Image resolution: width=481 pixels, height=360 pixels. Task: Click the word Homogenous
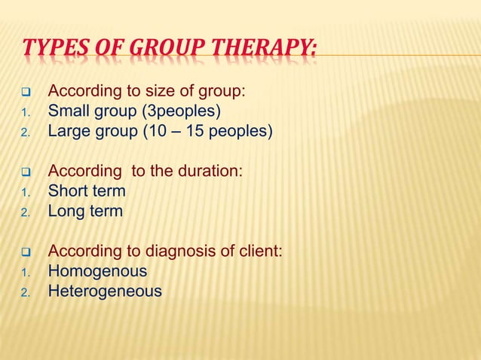(x=97, y=271)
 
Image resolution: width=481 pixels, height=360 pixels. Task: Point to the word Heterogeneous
(x=105, y=291)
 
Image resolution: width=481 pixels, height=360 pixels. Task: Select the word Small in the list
(x=67, y=113)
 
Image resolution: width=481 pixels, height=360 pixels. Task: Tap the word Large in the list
(x=68, y=133)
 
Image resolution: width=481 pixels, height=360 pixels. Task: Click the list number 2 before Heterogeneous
(x=23, y=292)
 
